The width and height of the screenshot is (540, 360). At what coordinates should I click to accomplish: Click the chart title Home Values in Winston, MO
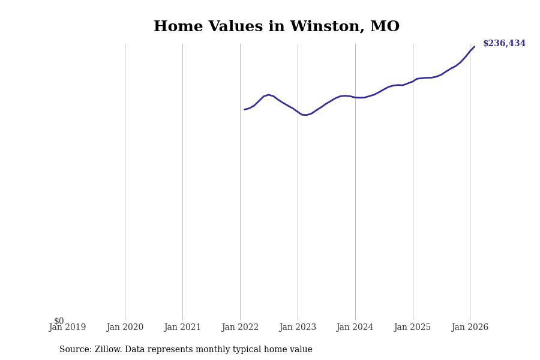(x=277, y=27)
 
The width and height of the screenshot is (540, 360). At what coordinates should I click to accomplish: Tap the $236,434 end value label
(x=504, y=44)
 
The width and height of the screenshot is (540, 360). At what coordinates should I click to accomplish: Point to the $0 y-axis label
(x=59, y=321)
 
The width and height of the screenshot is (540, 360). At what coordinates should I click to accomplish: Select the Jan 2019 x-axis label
(x=67, y=328)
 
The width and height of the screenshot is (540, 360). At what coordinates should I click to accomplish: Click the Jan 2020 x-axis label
(x=125, y=328)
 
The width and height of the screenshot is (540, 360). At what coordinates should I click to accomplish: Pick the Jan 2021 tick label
(x=182, y=328)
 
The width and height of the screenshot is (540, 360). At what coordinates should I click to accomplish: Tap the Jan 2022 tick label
(x=240, y=328)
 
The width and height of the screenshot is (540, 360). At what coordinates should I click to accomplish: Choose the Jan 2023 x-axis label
(x=298, y=328)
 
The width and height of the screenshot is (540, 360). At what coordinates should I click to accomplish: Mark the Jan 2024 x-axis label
(x=355, y=328)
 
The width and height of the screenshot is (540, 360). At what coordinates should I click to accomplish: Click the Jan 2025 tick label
(x=413, y=328)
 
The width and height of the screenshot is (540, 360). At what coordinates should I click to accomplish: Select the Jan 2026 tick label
(x=470, y=328)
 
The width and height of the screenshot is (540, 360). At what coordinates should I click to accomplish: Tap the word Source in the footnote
(x=74, y=350)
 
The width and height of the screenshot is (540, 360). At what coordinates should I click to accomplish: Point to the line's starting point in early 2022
(x=245, y=109)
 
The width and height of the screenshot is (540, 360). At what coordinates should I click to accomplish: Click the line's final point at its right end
(x=474, y=47)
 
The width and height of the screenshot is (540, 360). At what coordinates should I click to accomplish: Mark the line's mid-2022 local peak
(x=269, y=95)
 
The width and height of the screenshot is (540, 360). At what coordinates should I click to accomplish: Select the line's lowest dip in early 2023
(x=306, y=115)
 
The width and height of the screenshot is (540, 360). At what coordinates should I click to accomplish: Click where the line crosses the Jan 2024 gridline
(x=355, y=97)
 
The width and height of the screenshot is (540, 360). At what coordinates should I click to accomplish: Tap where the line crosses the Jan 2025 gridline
(x=413, y=81)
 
